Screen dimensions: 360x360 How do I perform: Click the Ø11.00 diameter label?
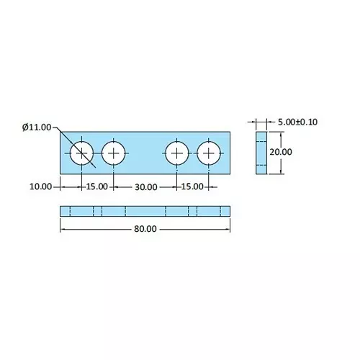pyautogui.click(x=37, y=127)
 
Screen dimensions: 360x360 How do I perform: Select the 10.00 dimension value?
pyautogui.click(x=41, y=186)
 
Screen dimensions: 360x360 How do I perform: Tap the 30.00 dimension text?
pyautogui.click(x=145, y=186)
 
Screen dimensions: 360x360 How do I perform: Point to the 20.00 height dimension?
pyautogui.click(x=281, y=152)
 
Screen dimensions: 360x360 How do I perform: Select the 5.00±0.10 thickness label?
pyautogui.click(x=297, y=122)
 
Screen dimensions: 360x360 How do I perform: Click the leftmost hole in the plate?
pyautogui.click(x=81, y=153)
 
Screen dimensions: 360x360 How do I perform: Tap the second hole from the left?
pyautogui.click(x=114, y=153)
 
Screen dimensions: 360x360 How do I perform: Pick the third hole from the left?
pyautogui.click(x=176, y=153)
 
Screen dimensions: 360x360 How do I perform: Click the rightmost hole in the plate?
pyautogui.click(x=209, y=153)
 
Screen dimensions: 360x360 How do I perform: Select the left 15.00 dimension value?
pyautogui.click(x=97, y=186)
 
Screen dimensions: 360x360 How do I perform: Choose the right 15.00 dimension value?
pyautogui.click(x=192, y=186)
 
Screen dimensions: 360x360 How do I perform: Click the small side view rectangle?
pyautogui.click(x=261, y=153)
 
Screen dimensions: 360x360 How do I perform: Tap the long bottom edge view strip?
pyautogui.click(x=145, y=211)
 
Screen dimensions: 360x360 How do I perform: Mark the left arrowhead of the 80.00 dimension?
pyautogui.click(x=62, y=229)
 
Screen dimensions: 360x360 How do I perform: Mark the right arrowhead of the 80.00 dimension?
pyautogui.click(x=228, y=229)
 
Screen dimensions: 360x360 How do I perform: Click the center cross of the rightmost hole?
pyautogui.click(x=209, y=153)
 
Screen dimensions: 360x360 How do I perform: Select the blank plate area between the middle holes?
pyautogui.click(x=145, y=153)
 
